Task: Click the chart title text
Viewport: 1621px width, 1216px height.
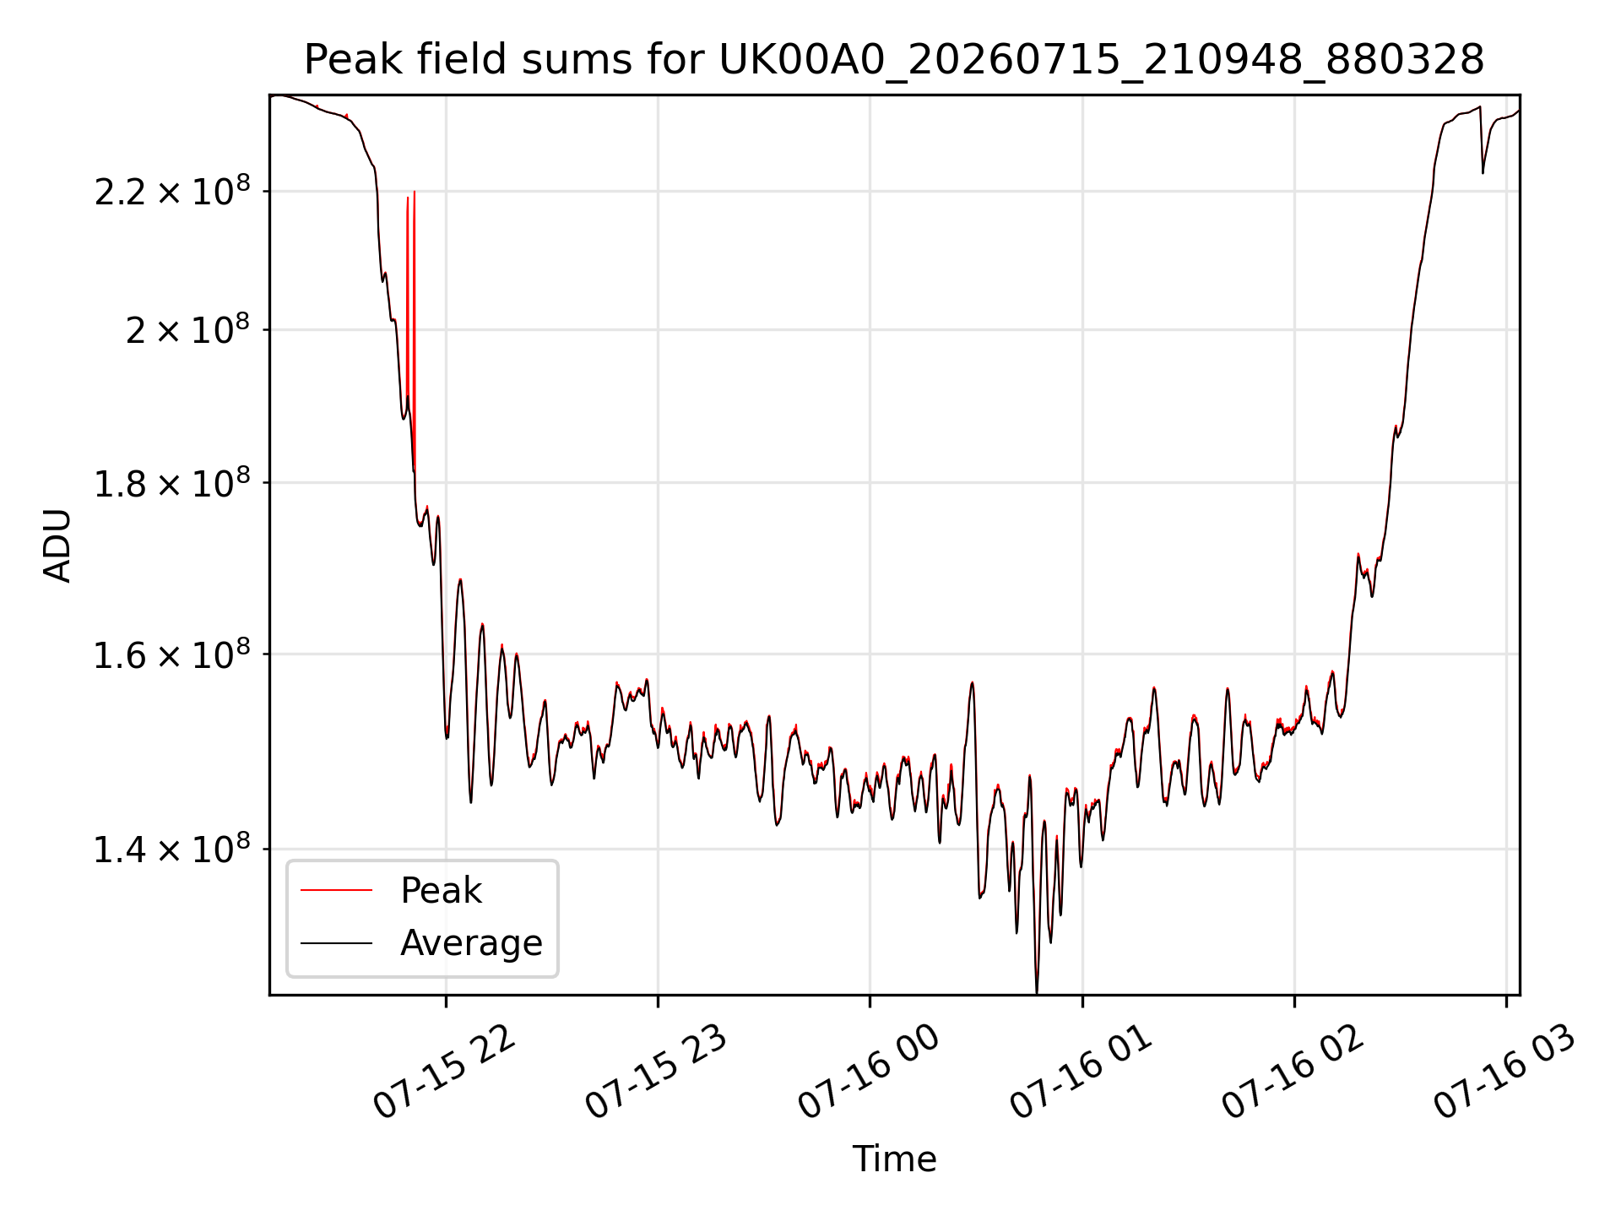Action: point(894,60)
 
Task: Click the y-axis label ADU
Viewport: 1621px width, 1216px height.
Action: point(57,546)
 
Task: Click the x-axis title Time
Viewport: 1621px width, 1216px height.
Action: point(894,1159)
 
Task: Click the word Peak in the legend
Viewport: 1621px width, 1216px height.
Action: point(441,891)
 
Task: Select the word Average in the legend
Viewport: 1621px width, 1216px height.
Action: point(471,943)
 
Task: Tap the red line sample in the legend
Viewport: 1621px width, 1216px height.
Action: point(336,890)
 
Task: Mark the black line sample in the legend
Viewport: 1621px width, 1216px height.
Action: point(336,942)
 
